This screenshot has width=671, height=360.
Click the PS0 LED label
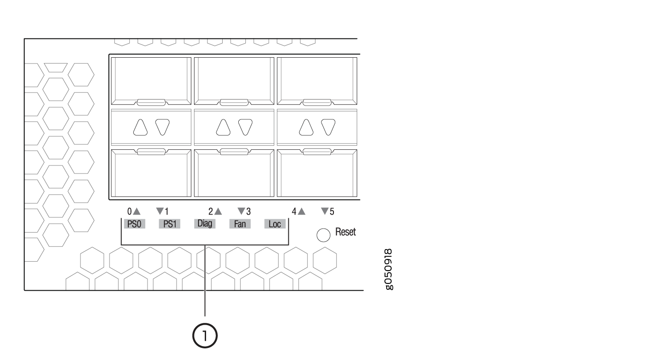tap(135, 224)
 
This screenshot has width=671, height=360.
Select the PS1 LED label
tap(169, 224)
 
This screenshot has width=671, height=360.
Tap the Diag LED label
tap(205, 224)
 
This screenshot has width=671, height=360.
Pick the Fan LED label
tap(240, 224)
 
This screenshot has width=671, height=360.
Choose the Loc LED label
tap(274, 224)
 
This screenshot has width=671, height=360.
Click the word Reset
tap(346, 232)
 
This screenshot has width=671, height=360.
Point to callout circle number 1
tap(205, 336)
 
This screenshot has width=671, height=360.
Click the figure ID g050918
tap(388, 270)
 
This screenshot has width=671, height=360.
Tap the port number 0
tap(129, 212)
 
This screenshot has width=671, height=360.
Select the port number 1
tap(167, 212)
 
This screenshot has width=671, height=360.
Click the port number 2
tap(211, 212)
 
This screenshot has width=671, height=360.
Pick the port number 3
tap(249, 212)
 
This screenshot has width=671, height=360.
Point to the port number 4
tap(294, 212)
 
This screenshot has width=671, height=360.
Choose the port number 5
tap(332, 212)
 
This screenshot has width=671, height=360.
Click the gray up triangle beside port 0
tap(137, 211)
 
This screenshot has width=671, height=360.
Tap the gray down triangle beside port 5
tap(325, 211)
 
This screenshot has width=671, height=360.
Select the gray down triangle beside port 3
tap(241, 211)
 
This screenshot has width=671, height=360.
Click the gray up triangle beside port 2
tap(218, 211)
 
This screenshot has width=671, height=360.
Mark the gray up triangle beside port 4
tap(302, 211)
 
